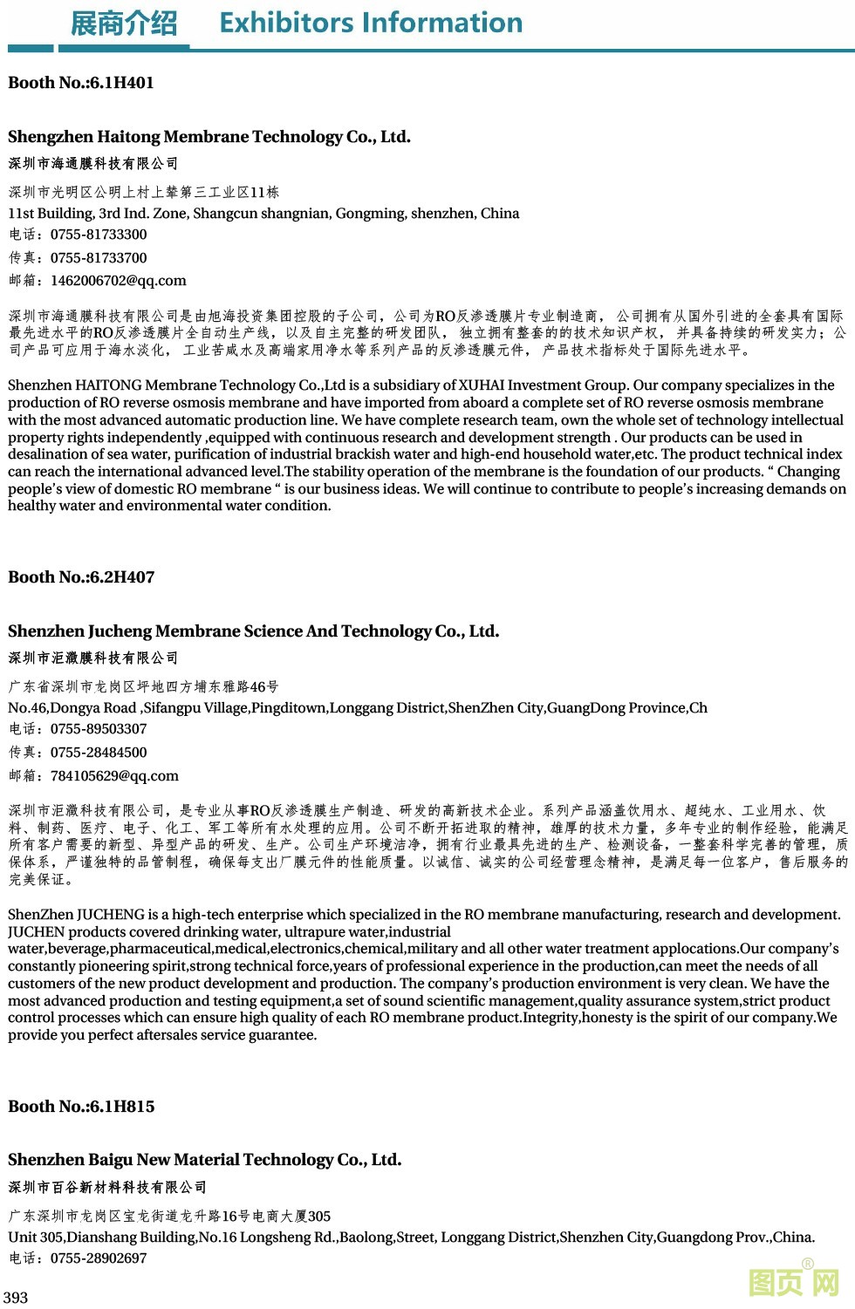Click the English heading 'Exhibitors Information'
(x=371, y=23)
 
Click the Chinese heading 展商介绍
(x=123, y=24)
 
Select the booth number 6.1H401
(x=121, y=83)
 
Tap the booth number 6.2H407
(x=121, y=577)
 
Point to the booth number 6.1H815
(x=121, y=1107)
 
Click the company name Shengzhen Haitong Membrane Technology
(x=209, y=137)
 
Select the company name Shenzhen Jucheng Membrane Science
(x=253, y=631)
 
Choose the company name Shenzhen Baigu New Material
(x=204, y=1160)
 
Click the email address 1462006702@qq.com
(x=119, y=281)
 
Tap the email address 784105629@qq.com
(x=114, y=775)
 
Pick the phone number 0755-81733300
(x=99, y=235)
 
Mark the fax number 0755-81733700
(x=99, y=258)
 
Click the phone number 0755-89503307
(x=99, y=729)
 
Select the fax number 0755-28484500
(x=99, y=753)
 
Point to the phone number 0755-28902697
(x=99, y=1258)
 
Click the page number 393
(x=16, y=1298)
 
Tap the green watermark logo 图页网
(x=794, y=1282)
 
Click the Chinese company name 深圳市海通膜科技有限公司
(x=93, y=164)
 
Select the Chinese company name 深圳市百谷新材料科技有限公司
(x=108, y=1188)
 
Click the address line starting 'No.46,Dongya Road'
(x=358, y=708)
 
